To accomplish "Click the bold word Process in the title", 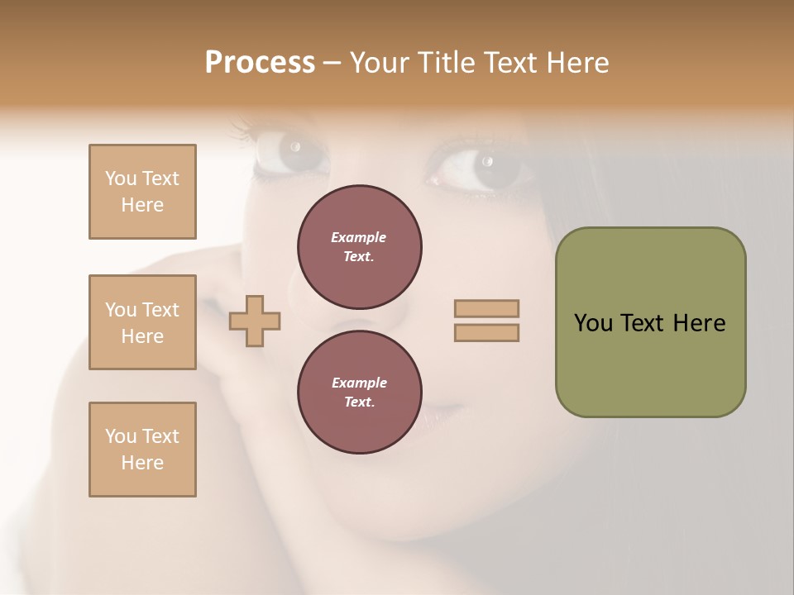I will click(260, 63).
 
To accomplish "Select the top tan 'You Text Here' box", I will click(142, 192).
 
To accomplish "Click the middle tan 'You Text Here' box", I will click(142, 322).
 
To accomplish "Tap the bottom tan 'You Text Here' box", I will click(142, 450).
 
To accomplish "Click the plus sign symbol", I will click(255, 321).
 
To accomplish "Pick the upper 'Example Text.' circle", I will click(360, 246).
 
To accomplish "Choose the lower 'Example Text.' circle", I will click(360, 392).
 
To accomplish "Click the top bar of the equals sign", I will click(487, 308).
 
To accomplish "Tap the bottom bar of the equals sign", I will click(487, 332).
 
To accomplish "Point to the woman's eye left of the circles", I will click(291, 153).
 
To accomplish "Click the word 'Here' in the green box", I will click(699, 323).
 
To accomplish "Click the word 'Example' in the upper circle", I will click(359, 237).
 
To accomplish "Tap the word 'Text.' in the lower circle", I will click(359, 402).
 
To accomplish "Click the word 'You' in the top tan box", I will click(121, 178).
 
